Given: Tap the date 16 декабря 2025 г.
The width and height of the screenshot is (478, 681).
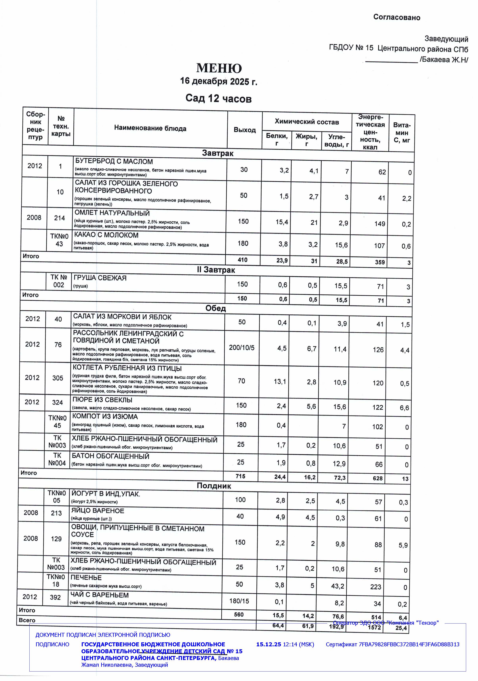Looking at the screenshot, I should pyautogui.click(x=218, y=81).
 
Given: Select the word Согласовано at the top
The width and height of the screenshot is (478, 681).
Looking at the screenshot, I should pyautogui.click(x=397, y=17).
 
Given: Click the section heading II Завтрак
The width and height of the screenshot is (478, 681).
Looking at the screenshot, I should pyautogui.click(x=216, y=270).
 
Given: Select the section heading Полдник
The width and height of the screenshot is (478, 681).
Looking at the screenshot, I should pyautogui.click(x=214, y=486).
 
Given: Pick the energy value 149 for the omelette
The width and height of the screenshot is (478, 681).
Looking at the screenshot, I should pyautogui.click(x=380, y=224).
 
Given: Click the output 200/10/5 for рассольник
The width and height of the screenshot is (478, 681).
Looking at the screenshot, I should pyautogui.click(x=242, y=348).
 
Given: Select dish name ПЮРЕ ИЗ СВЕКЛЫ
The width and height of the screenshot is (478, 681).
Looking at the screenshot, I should pyautogui.click(x=102, y=400).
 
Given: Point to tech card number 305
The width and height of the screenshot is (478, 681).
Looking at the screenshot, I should pyautogui.click(x=58, y=378).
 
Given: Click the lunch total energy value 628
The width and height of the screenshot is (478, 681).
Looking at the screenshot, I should pyautogui.click(x=378, y=478).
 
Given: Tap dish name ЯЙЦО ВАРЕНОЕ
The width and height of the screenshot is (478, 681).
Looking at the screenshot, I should pyautogui.click(x=98, y=511).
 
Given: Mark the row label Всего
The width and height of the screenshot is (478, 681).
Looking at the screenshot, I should pyautogui.click(x=27, y=620).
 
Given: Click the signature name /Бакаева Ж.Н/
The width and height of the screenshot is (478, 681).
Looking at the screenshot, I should pyautogui.click(x=444, y=60).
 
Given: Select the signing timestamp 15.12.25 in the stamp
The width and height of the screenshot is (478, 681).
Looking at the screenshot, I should pyautogui.click(x=268, y=644).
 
